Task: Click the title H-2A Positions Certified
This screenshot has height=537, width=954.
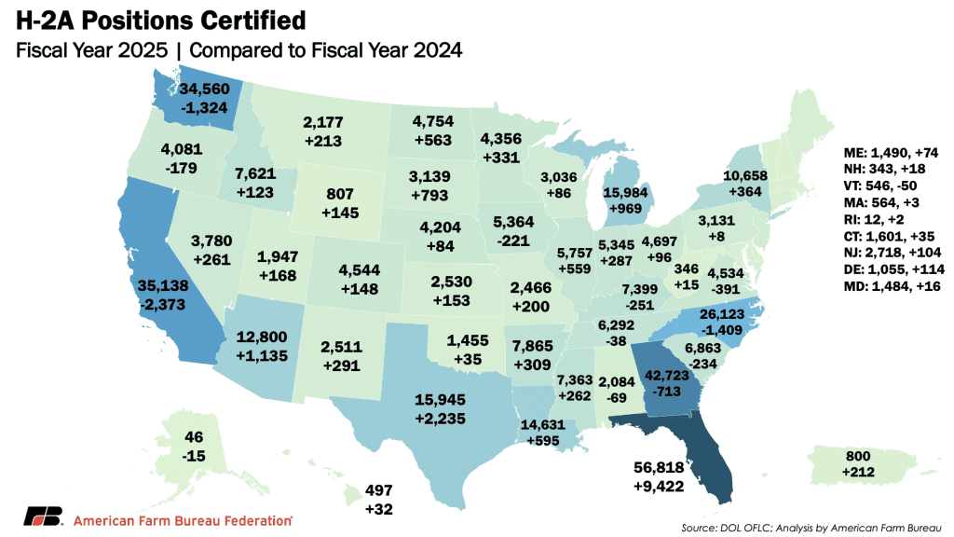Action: coord(160,21)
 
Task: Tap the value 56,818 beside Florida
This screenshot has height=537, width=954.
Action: coord(659,468)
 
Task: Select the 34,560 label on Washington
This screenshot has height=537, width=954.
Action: coord(204,89)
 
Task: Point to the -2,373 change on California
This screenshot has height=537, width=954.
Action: coord(162,305)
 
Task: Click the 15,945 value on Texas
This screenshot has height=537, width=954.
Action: coord(440,400)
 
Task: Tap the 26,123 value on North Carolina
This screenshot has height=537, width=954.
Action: coord(722,314)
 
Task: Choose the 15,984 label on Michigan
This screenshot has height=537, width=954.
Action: coord(625,192)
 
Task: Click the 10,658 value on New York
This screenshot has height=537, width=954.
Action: coord(745,176)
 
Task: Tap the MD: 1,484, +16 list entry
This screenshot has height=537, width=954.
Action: coord(892,286)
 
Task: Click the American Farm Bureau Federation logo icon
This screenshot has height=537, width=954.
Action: coord(43,516)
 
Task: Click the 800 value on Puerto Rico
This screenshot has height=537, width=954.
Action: coord(858,457)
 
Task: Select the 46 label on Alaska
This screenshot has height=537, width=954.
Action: coord(194,437)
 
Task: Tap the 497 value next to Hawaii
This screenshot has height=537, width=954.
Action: coord(378,490)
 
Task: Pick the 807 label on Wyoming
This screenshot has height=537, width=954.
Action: coord(339,194)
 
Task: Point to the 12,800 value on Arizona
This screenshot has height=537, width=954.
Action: coord(262,337)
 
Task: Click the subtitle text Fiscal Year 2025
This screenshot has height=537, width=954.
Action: coord(92,50)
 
